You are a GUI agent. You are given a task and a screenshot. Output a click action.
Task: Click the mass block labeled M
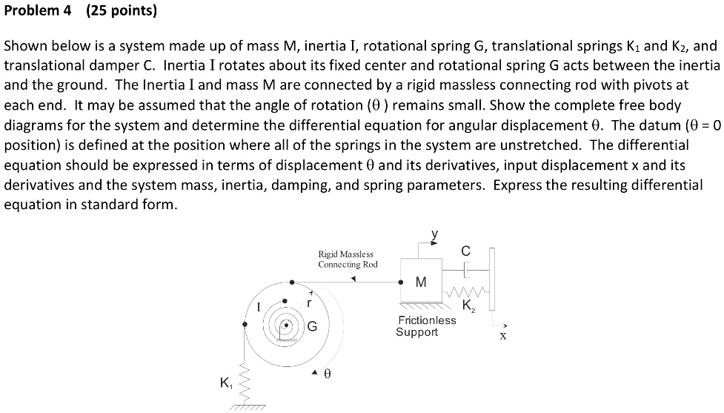tap(422, 281)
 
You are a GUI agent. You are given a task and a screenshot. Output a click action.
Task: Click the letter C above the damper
tap(465, 251)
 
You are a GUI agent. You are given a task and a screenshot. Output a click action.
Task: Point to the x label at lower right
tap(502, 335)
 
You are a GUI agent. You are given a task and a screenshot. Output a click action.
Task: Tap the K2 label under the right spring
tap(468, 305)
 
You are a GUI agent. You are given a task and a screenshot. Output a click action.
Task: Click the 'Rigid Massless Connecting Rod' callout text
tap(348, 260)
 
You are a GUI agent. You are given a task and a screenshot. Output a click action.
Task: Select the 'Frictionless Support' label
tap(427, 326)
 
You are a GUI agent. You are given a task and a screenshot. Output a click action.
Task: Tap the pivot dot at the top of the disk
tap(291, 282)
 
